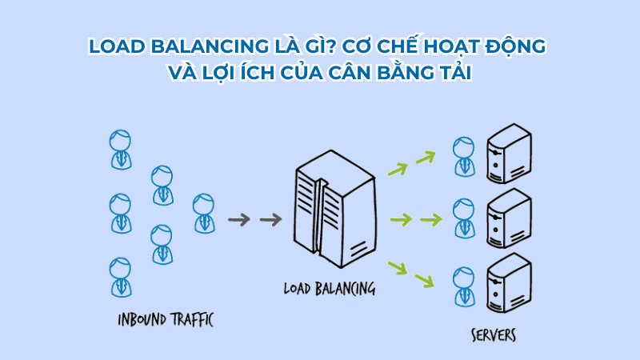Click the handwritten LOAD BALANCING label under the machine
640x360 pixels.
pyautogui.click(x=329, y=287)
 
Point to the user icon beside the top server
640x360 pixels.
pyautogui.click(x=462, y=156)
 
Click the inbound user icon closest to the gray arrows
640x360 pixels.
pyautogui.click(x=204, y=212)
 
